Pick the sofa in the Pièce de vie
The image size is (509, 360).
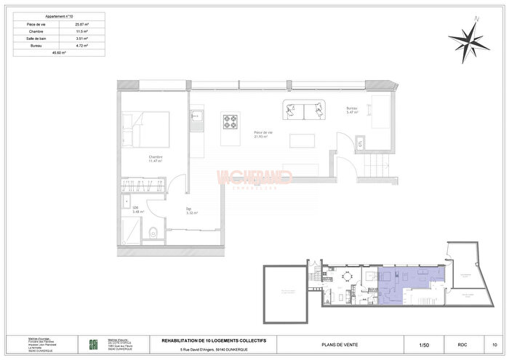point(304,111)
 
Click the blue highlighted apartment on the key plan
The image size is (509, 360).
point(407,281)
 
